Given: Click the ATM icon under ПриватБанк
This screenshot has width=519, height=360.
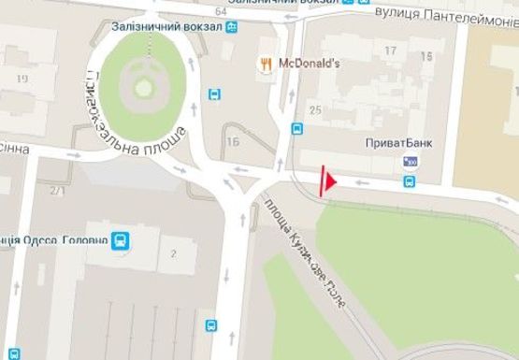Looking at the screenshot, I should [410, 161].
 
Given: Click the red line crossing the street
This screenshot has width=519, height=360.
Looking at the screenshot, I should [323, 181].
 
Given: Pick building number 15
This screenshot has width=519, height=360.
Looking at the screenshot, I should [428, 56].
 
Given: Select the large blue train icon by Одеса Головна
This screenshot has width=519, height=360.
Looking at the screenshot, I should [120, 241].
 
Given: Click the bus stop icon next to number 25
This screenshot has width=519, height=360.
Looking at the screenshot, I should [296, 130].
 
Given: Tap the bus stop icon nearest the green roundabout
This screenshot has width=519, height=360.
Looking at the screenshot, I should [214, 94].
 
